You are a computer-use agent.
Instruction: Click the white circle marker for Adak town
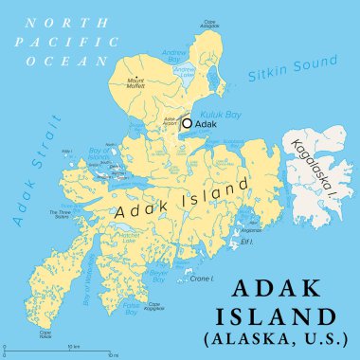tap(188, 122)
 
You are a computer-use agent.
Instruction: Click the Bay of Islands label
tap(99, 153)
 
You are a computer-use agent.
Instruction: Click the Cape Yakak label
tap(45, 333)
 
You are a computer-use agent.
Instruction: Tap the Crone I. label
tap(201, 279)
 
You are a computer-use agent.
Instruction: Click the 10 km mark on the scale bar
tap(72, 346)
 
